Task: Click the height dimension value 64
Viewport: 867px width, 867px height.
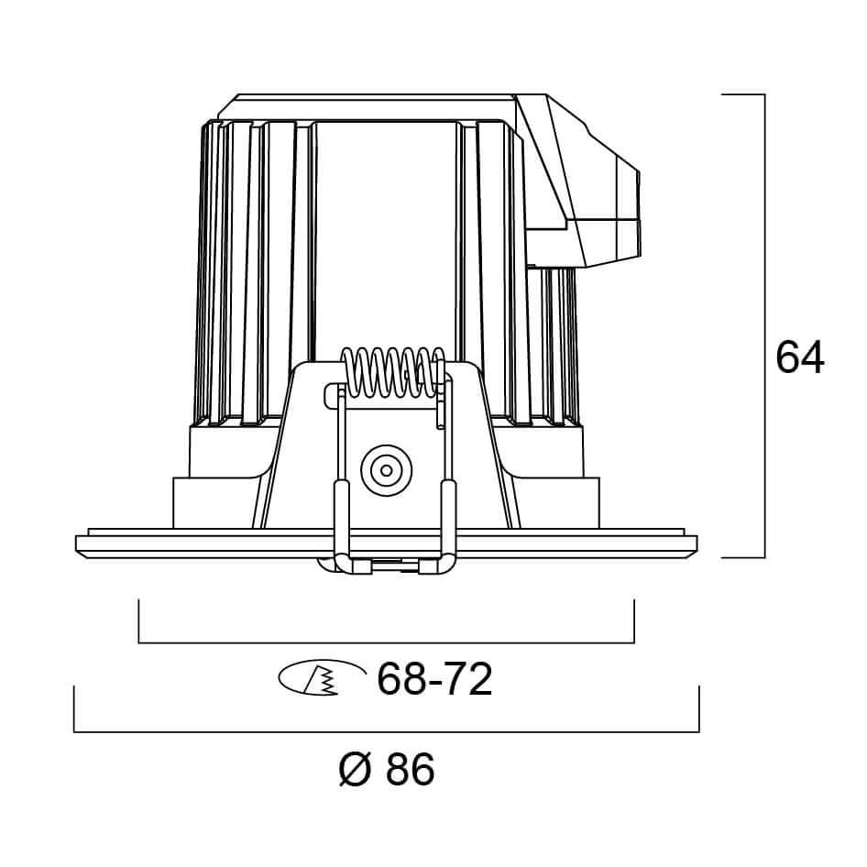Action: [799, 357]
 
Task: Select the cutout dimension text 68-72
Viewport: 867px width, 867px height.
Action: [434, 678]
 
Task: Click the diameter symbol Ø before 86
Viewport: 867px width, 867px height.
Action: [355, 768]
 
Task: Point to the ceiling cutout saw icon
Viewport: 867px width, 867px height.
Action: [323, 676]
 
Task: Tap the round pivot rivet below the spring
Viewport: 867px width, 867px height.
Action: [387, 470]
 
